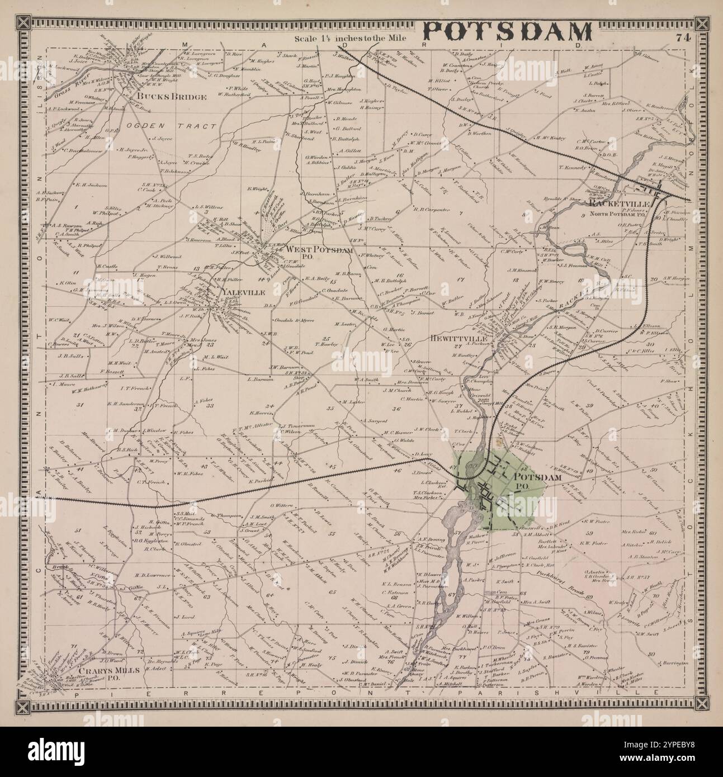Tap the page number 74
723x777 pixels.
pos(683,38)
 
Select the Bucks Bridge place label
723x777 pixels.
pos(171,97)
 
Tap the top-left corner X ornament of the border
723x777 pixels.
pos(23,23)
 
